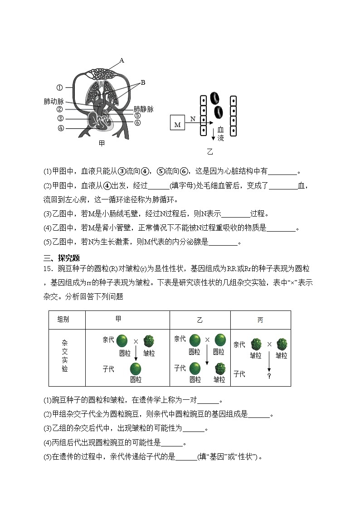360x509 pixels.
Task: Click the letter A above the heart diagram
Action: [x=122, y=60]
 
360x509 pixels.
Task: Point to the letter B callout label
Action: [x=143, y=82]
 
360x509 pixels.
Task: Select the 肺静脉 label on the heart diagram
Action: [x=143, y=109]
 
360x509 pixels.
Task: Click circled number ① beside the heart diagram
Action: [x=59, y=87]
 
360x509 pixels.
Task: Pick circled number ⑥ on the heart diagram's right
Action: [x=137, y=122]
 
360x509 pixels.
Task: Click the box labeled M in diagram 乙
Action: [x=177, y=124]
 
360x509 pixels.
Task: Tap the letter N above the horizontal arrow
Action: [x=193, y=119]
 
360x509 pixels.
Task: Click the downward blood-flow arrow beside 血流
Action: [x=213, y=134]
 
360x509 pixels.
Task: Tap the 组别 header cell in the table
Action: [x=64, y=320]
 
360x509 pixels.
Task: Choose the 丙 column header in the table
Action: [x=260, y=320]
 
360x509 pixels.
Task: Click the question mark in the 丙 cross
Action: [x=269, y=376]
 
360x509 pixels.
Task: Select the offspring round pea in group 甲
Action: [x=136, y=368]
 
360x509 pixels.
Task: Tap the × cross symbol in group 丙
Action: [x=269, y=344]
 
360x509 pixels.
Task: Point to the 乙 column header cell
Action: [x=200, y=320]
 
